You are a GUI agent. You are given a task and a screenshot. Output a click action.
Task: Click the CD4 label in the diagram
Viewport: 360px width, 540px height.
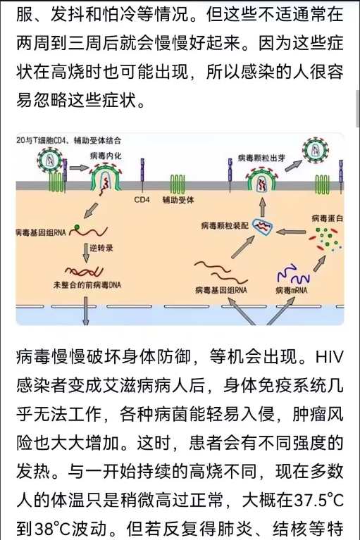tap(142, 200)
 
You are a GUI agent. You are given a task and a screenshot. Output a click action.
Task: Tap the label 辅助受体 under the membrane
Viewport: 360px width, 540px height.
tap(178, 200)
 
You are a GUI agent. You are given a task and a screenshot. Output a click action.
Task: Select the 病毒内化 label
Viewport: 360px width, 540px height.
tap(106, 156)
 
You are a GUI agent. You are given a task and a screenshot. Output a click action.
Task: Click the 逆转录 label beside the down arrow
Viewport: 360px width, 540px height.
tap(101, 248)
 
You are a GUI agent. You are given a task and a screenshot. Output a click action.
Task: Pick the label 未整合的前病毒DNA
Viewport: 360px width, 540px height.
tap(87, 285)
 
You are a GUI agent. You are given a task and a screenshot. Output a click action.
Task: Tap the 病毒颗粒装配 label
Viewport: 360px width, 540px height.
tap(225, 225)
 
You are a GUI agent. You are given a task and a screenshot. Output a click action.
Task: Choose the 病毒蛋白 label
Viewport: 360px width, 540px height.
tap(328, 218)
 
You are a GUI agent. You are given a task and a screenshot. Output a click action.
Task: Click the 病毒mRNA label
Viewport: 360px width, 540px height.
tap(291, 290)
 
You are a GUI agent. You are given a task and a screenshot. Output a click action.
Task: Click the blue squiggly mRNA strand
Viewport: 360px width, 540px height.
tap(293, 274)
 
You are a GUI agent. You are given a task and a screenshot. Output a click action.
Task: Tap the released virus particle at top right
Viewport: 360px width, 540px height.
tap(315, 150)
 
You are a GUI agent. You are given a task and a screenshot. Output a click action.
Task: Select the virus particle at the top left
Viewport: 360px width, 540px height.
tap(50, 161)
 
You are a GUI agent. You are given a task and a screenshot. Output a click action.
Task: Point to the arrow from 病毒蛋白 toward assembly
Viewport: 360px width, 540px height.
tap(291, 232)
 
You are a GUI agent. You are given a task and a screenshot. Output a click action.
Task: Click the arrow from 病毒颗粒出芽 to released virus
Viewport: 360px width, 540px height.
tap(292, 165)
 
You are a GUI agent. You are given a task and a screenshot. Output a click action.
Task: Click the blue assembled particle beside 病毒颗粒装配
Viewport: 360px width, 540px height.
tap(263, 226)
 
